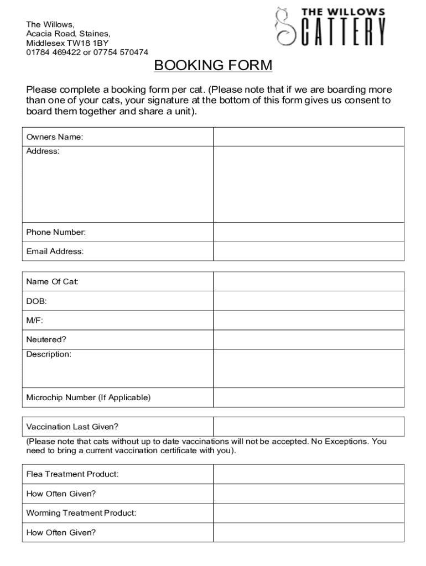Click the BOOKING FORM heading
click(x=213, y=66)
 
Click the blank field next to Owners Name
click(x=309, y=137)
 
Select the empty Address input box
click(x=309, y=184)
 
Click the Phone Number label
click(x=56, y=232)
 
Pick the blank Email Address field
click(x=309, y=251)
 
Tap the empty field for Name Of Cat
click(x=309, y=281)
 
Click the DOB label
click(x=37, y=301)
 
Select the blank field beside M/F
click(x=309, y=320)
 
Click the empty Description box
click(x=309, y=368)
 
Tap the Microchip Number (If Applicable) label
click(x=88, y=397)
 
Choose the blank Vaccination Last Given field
click(x=309, y=426)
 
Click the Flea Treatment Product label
click(x=72, y=474)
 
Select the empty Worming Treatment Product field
click(x=309, y=513)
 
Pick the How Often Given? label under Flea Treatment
click(x=61, y=494)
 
